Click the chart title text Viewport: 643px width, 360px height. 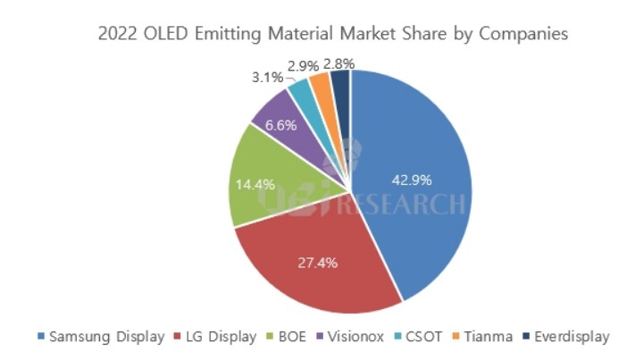tap(321, 34)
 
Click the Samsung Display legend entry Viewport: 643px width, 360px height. tap(100, 337)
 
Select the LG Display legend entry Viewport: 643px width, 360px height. tap(217, 337)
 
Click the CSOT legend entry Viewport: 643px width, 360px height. tap(421, 337)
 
